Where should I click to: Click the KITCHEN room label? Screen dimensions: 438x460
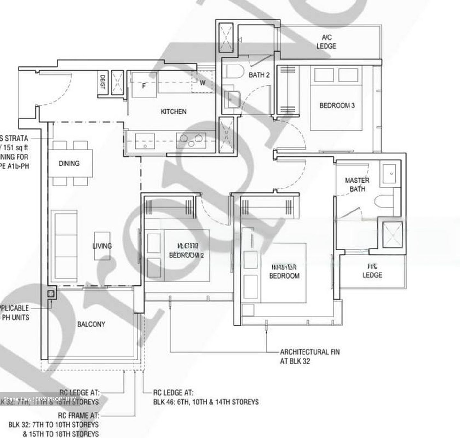coord(173,111)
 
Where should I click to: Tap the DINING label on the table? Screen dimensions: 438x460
coord(69,163)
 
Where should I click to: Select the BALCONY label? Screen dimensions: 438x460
coord(91,324)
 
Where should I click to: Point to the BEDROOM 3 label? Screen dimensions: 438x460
coord(337,105)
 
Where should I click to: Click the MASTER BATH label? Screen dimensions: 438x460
coord(357,185)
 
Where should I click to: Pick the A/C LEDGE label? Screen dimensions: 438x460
coord(326,42)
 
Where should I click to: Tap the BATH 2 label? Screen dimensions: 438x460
coord(259,75)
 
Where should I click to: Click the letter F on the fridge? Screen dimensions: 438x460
coord(144,86)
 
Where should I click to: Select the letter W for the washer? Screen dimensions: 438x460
coord(203,82)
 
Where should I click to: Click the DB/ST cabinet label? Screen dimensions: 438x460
coord(102,82)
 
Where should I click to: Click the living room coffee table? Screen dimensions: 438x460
coord(102,246)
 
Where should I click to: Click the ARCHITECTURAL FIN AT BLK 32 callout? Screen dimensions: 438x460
coord(310,356)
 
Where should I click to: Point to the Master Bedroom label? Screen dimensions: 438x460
coord(284,272)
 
